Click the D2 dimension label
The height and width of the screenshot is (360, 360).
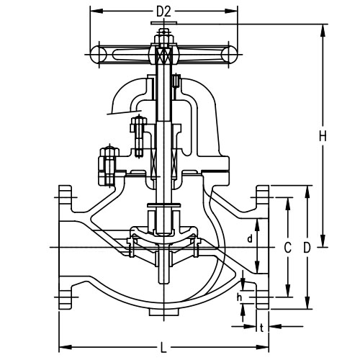(x=164, y=12)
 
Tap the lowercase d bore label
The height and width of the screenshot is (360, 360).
(x=250, y=237)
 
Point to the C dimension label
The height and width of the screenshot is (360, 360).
(x=287, y=247)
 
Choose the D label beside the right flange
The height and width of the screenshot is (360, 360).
(x=307, y=247)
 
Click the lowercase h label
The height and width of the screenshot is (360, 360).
(x=238, y=294)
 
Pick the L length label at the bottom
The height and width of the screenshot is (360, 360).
(x=163, y=346)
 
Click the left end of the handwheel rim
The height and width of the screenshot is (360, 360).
(x=95, y=53)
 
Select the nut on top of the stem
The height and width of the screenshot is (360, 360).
(x=164, y=32)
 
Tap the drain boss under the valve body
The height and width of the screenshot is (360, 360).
(x=163, y=312)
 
